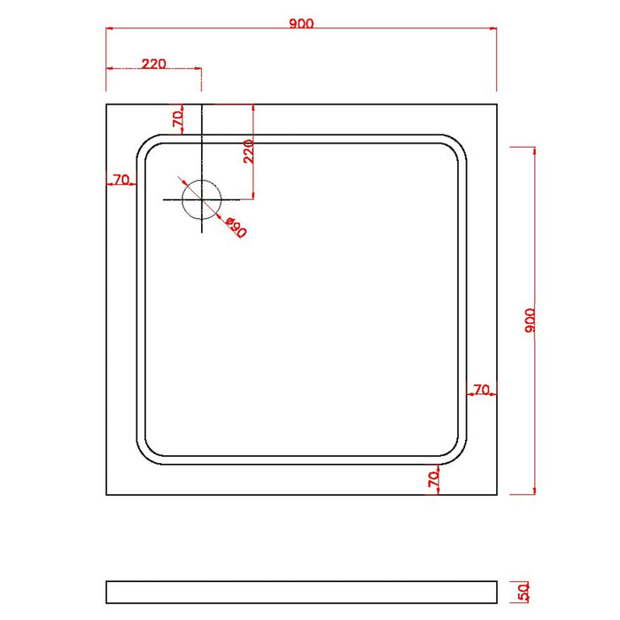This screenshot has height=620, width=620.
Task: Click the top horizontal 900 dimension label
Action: [x=301, y=24]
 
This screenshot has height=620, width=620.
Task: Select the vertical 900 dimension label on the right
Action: [x=530, y=320]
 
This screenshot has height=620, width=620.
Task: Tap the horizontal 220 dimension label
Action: [x=154, y=63]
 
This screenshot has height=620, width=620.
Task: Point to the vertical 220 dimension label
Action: [x=249, y=151]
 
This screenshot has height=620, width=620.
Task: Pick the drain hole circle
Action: [x=201, y=198]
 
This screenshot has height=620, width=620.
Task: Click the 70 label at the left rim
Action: [x=120, y=180]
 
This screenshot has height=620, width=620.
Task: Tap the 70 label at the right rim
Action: [x=482, y=388]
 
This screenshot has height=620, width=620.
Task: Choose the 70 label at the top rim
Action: [x=177, y=117]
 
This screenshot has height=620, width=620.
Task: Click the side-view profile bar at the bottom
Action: [x=301, y=592]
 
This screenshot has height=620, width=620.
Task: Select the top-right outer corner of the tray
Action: [x=496, y=105]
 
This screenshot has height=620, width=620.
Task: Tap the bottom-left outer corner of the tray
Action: [x=106, y=494]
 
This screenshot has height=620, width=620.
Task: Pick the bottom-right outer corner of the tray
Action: [x=496, y=494]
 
